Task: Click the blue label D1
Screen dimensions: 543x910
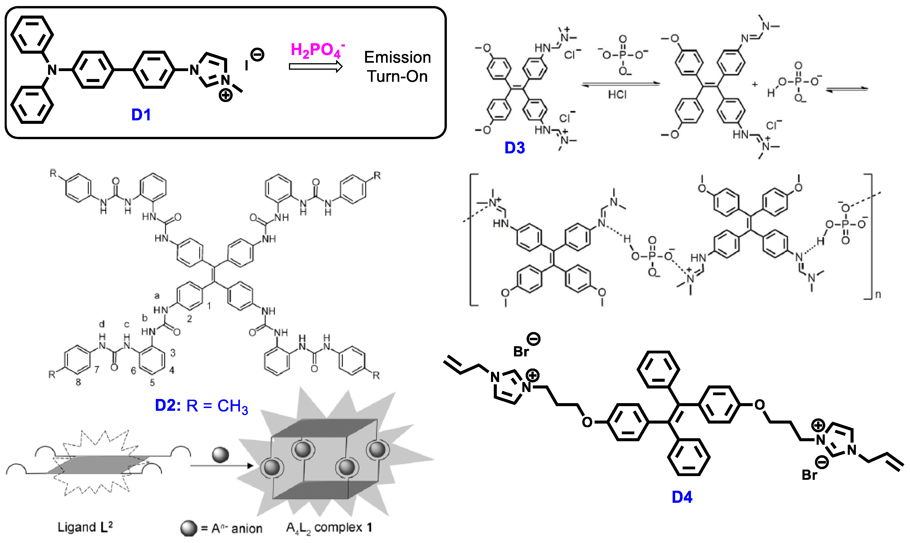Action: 141,115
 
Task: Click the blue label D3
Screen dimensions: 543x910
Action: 515,148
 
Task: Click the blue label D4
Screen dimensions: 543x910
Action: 682,497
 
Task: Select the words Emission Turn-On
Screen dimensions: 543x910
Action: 398,67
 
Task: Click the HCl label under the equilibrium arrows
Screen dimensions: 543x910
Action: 617,95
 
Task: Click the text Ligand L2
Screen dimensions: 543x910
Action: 85,527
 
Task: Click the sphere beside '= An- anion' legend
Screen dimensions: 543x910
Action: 189,528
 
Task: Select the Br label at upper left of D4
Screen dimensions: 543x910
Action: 521,352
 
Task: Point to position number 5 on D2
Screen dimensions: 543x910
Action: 152,383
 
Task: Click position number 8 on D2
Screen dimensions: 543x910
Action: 78,382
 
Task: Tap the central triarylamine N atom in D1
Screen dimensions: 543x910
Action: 52,69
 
